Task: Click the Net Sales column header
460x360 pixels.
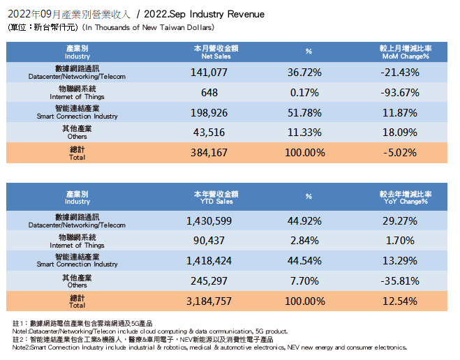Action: [x=216, y=52]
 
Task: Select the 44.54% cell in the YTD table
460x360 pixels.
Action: [x=308, y=262]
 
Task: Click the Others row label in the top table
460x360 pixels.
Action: [x=77, y=133]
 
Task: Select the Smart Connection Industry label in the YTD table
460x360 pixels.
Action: [x=77, y=261]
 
